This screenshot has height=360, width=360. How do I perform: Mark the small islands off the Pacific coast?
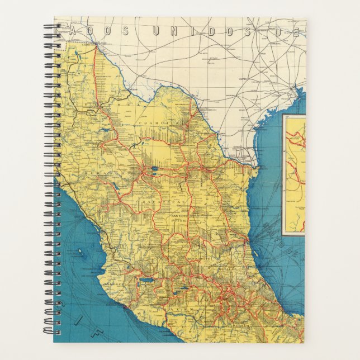tap(82, 254)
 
